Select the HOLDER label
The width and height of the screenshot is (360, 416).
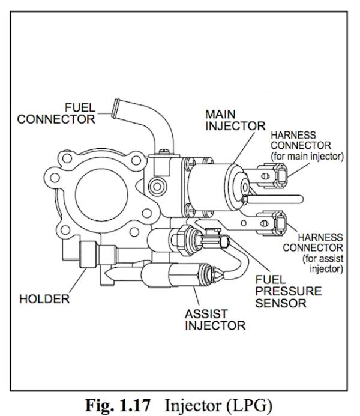45,298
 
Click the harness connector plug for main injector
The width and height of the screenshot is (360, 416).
281,176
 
